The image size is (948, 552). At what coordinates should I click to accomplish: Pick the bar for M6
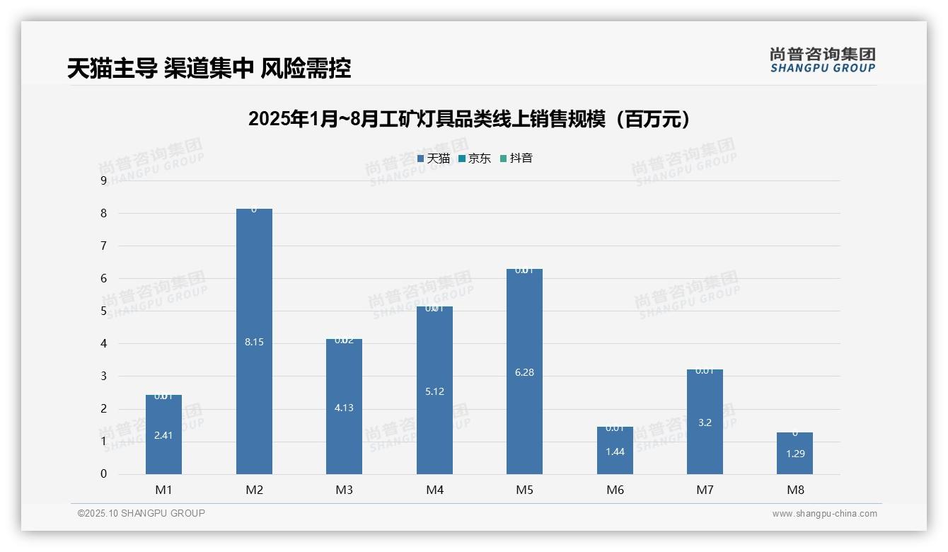pyautogui.click(x=615, y=460)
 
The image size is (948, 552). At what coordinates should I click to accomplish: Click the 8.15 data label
pyautogui.click(x=254, y=342)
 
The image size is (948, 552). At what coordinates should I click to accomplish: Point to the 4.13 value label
pyautogui.click(x=344, y=408)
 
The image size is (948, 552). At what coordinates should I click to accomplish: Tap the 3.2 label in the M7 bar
pyautogui.click(x=705, y=422)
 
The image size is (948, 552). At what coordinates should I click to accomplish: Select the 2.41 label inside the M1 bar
pyautogui.click(x=163, y=435)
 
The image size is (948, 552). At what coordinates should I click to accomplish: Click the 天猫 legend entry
pyautogui.click(x=434, y=159)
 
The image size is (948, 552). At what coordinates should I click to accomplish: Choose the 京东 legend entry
pyautogui.click(x=475, y=159)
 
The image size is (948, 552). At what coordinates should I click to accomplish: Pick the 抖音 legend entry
pyautogui.click(x=516, y=159)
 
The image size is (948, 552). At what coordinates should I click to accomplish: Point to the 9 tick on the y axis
pyautogui.click(x=103, y=180)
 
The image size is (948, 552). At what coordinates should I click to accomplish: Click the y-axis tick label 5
pyautogui.click(x=103, y=311)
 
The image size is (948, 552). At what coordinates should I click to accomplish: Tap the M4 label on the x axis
pyautogui.click(x=434, y=490)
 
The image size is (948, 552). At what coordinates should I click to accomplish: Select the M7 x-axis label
pyautogui.click(x=705, y=490)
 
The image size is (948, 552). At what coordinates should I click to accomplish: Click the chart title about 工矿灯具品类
pyautogui.click(x=469, y=120)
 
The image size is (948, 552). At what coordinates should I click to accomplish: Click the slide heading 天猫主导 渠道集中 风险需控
pyautogui.click(x=209, y=69)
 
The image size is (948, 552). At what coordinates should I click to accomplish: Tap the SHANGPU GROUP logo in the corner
pyautogui.click(x=822, y=59)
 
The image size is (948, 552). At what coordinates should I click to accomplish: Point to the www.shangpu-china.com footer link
pyautogui.click(x=824, y=514)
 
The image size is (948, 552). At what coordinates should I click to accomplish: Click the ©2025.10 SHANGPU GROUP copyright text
pyautogui.click(x=141, y=513)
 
